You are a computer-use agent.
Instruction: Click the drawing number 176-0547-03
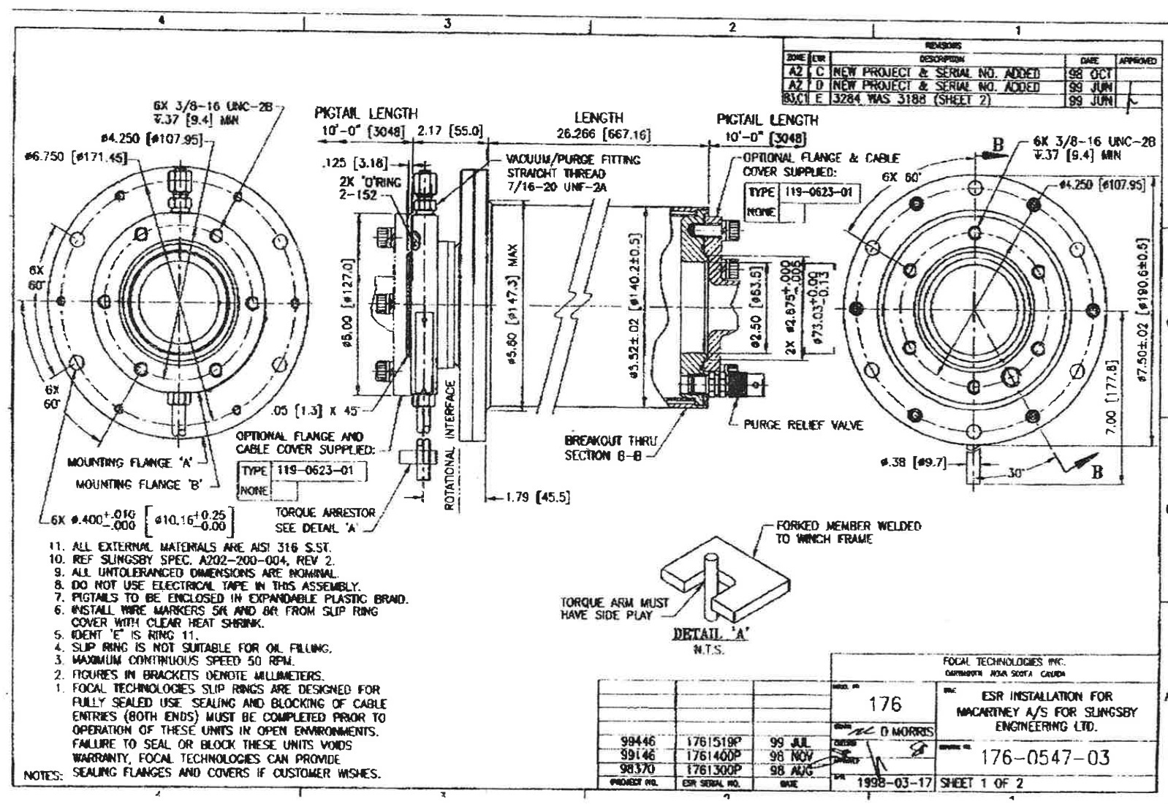point(1045,757)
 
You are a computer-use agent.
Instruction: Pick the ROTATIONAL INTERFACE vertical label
point(450,445)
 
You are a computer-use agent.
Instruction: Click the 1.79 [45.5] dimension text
point(536,498)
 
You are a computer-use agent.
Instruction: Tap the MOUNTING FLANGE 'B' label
point(138,484)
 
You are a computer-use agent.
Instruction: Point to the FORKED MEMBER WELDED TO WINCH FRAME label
point(848,532)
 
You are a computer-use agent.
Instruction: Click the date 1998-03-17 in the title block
point(895,782)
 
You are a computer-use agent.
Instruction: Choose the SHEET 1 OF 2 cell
point(982,782)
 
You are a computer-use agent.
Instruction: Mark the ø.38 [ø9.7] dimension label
point(914,462)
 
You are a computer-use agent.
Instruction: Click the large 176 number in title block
point(884,704)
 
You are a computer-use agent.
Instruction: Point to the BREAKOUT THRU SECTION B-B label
point(610,447)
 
